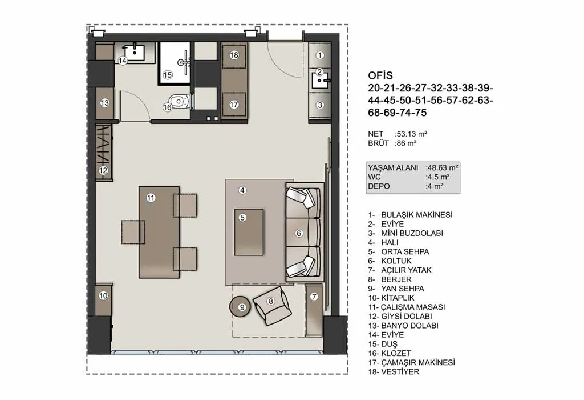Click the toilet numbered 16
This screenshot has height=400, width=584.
[x=179, y=101]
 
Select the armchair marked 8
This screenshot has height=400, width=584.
[x=272, y=306]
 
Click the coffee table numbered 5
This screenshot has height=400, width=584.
[x=249, y=232]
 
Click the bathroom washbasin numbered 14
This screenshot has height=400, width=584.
[x=133, y=52]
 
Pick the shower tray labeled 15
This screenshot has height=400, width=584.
[x=174, y=63]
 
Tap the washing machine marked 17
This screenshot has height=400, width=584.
[x=234, y=105]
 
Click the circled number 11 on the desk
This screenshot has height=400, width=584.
[x=151, y=198]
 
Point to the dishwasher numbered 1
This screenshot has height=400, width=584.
[x=319, y=55]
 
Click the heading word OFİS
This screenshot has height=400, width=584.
[x=380, y=76]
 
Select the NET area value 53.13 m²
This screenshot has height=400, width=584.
[x=411, y=134]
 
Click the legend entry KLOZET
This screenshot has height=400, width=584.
[x=396, y=353]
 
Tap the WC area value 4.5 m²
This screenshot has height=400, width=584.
[x=437, y=177]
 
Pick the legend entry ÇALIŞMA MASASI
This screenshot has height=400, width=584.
[x=413, y=307]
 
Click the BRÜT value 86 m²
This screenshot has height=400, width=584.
[x=405, y=143]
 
